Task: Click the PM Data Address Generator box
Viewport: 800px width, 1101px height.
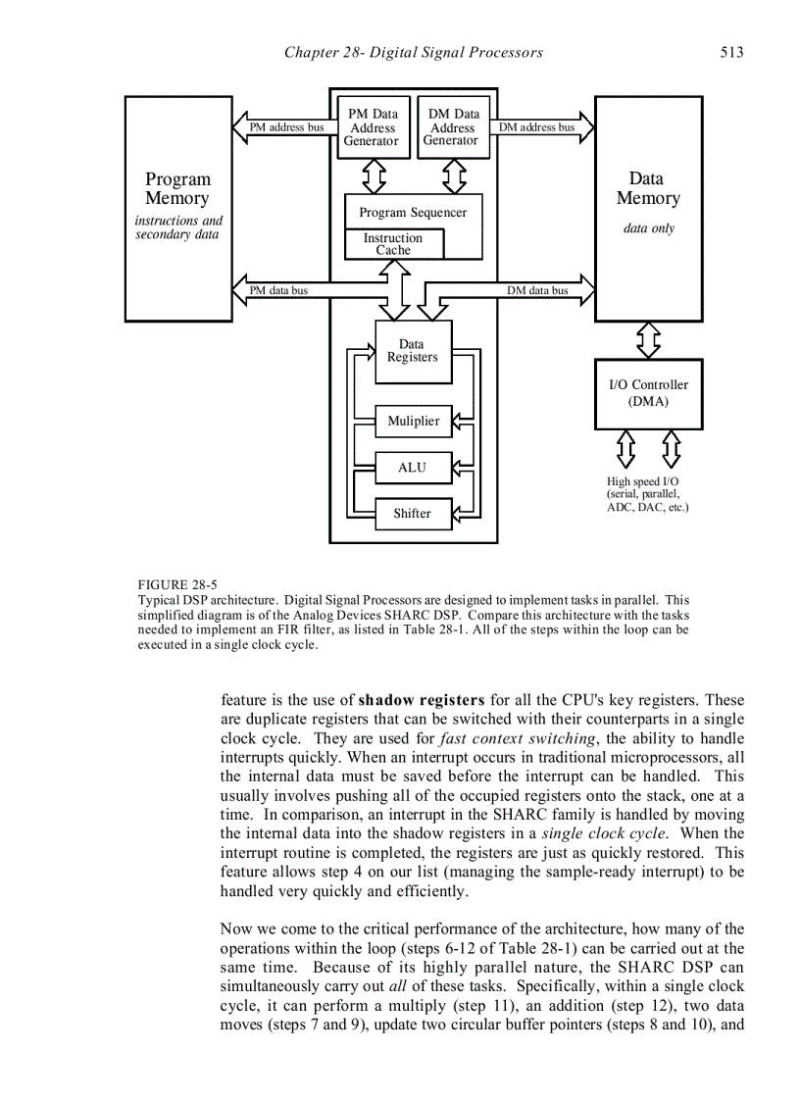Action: click(372, 127)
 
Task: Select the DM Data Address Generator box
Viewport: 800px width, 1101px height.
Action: click(453, 127)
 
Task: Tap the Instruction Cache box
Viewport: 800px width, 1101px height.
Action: click(393, 244)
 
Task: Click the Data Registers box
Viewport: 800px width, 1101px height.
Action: click(413, 351)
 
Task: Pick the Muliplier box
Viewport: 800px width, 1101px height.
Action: click(414, 421)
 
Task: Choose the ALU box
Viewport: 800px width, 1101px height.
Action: click(413, 468)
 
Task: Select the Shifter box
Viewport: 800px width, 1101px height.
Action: click(413, 513)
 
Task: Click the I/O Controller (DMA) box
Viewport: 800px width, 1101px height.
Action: click(648, 393)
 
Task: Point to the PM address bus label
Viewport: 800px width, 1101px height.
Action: click(286, 127)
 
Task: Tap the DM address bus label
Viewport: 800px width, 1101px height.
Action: click(536, 127)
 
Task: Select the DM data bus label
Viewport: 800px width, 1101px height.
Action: click(537, 290)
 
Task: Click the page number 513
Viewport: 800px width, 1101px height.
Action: click(731, 52)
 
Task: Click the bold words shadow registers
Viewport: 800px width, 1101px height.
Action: click(422, 700)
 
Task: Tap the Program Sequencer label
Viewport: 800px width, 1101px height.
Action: click(413, 212)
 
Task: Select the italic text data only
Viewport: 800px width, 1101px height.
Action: click(649, 228)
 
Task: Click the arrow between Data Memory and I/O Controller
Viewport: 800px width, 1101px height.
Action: click(648, 340)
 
